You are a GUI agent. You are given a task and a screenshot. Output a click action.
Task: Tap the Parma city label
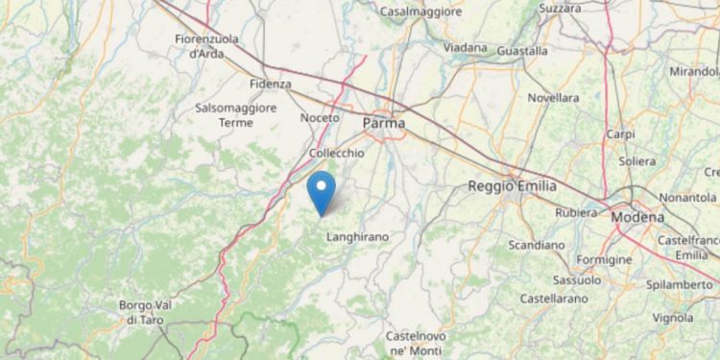[x=384, y=123]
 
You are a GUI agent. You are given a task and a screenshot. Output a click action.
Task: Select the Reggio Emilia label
[x=513, y=186]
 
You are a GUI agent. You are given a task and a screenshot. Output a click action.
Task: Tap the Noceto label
[x=320, y=117]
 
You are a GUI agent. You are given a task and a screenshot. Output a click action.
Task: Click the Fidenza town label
[x=270, y=84]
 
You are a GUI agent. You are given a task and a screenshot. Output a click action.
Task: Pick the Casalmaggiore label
[x=421, y=12]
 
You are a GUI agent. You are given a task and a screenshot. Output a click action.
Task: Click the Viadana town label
[x=466, y=47]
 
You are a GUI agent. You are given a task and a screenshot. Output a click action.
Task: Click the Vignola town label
[x=673, y=318]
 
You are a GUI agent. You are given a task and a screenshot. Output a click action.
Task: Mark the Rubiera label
[x=577, y=213]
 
